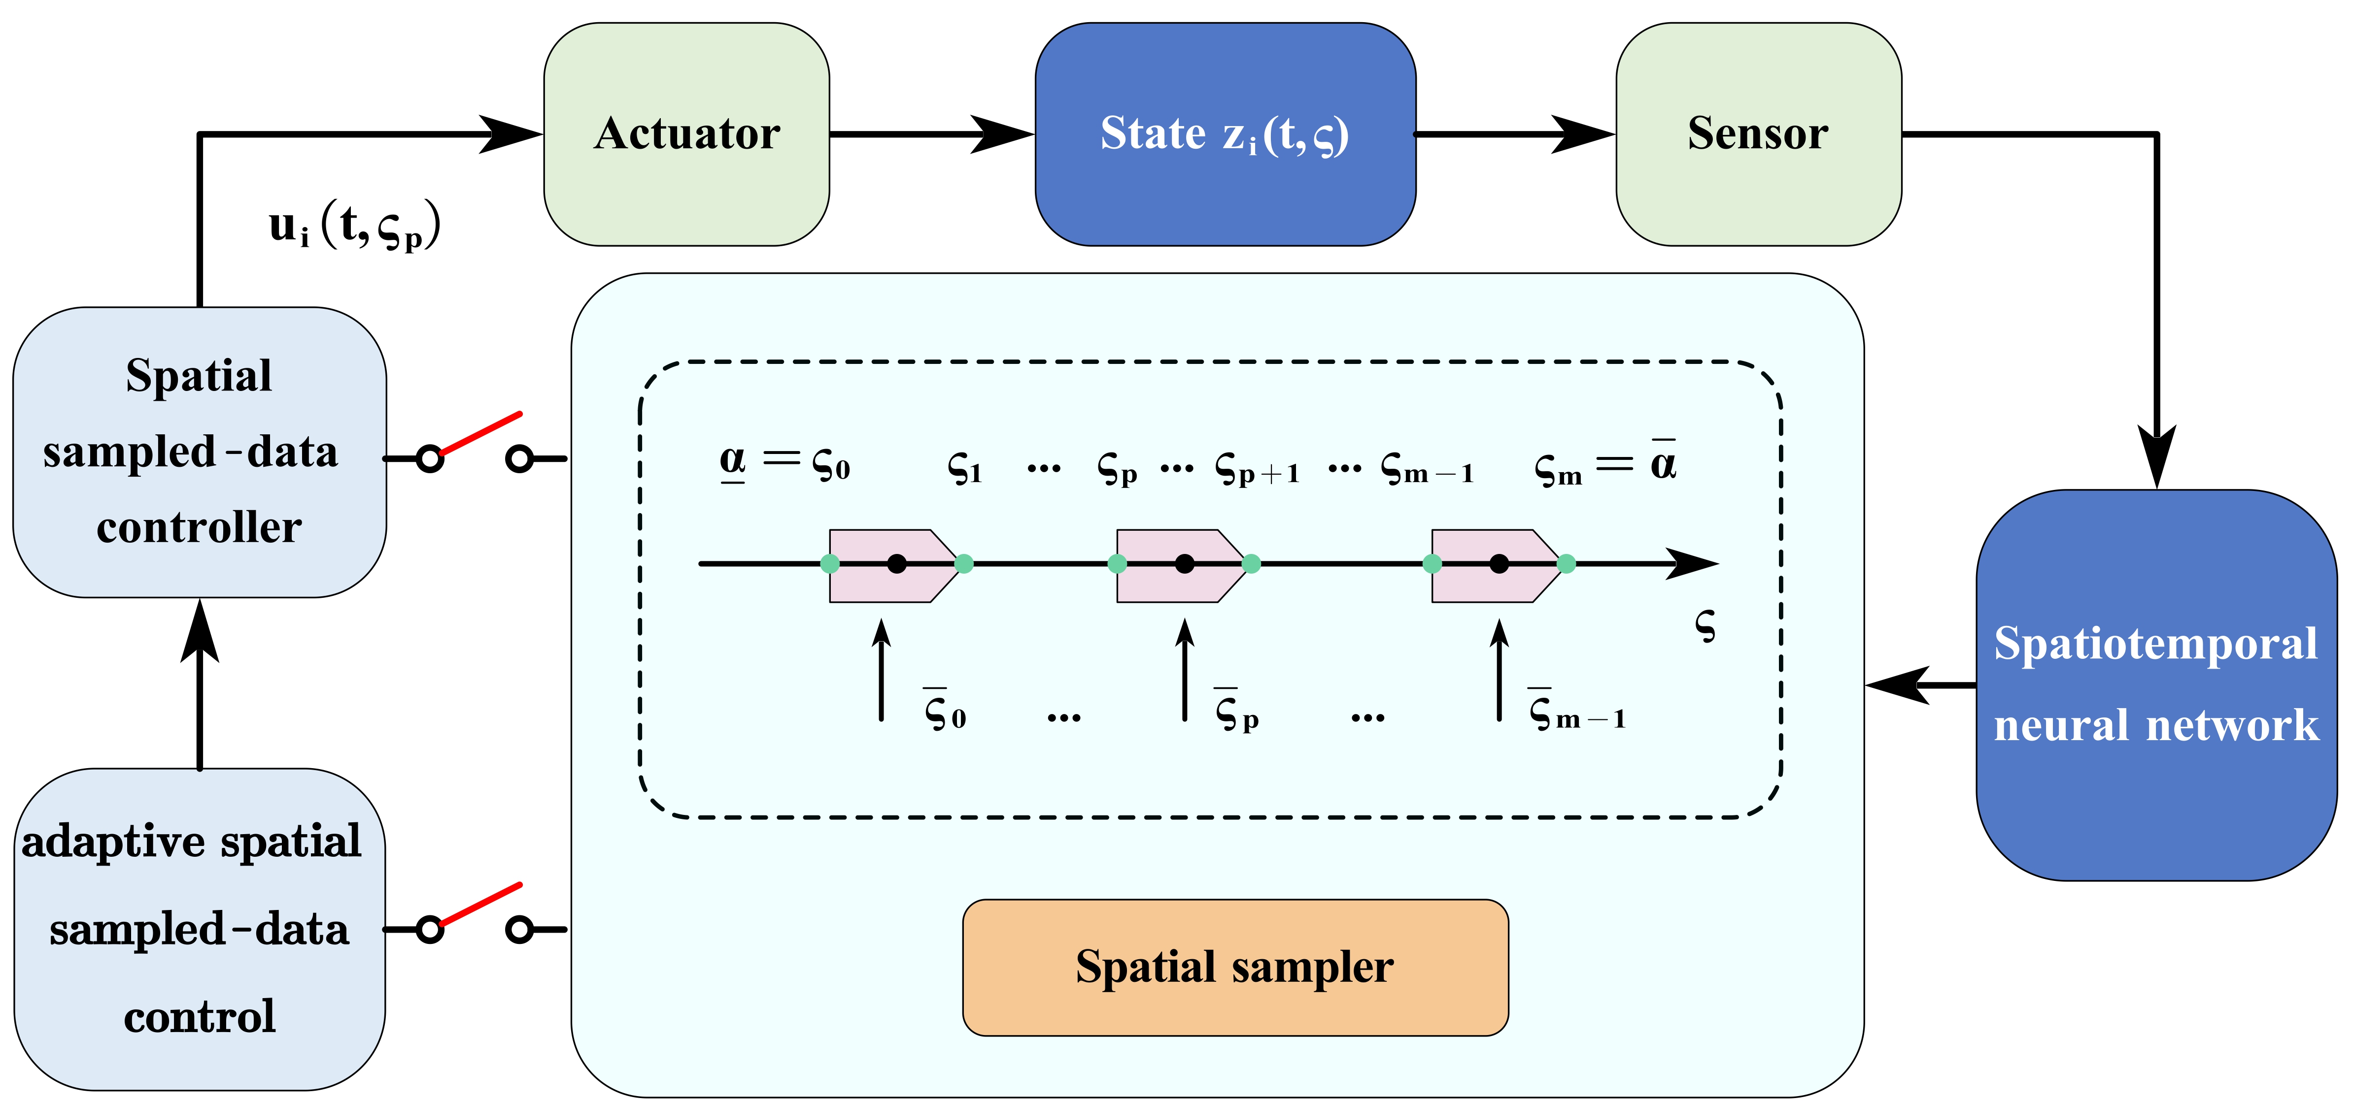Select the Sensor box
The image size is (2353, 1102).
(1758, 134)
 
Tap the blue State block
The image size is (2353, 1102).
(1225, 134)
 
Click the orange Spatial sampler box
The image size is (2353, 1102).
(1235, 967)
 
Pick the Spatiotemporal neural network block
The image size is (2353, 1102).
(2156, 685)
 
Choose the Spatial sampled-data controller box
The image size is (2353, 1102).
(199, 452)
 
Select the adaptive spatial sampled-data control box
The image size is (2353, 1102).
(199, 929)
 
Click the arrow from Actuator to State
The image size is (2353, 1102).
(932, 134)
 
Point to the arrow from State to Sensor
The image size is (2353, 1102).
(1514, 134)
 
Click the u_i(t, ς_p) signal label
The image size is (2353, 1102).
(354, 227)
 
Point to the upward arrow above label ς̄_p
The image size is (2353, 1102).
(1185, 669)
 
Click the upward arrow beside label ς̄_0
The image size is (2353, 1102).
(882, 669)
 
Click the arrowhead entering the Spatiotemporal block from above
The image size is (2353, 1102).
(2156, 456)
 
